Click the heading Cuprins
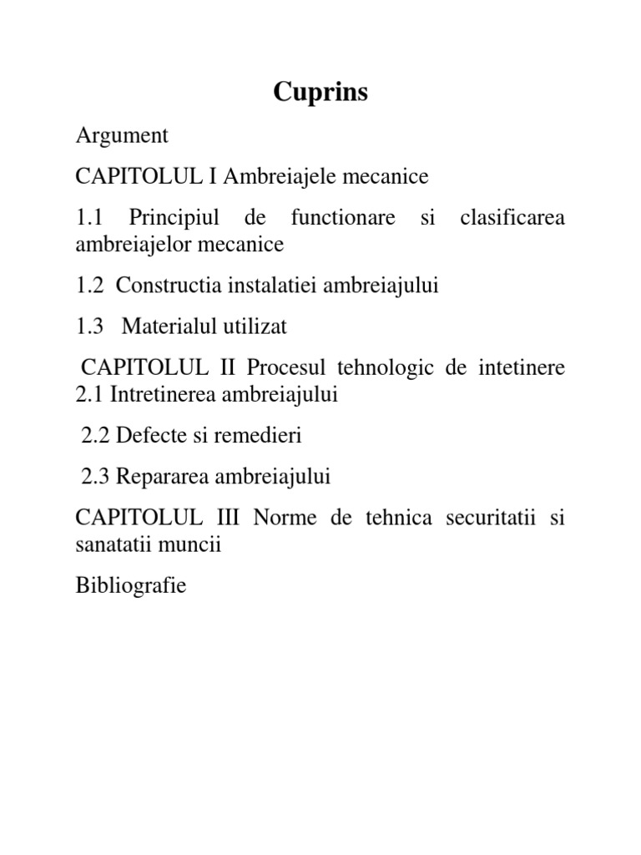click(x=320, y=92)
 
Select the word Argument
click(x=122, y=134)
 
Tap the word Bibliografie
click(x=130, y=586)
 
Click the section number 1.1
click(x=88, y=218)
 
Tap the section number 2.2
click(x=96, y=436)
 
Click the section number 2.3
click(x=96, y=477)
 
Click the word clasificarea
click(x=512, y=218)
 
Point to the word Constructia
click(x=163, y=285)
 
